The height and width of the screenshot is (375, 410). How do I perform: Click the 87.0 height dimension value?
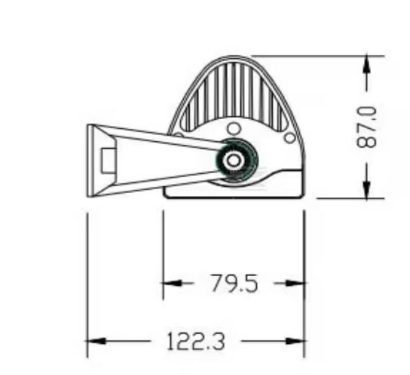coord(367,127)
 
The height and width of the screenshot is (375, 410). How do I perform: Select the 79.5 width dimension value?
coord(234,283)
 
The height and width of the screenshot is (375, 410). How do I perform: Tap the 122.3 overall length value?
coord(196,341)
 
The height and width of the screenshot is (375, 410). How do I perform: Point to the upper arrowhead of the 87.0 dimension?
coord(367,64)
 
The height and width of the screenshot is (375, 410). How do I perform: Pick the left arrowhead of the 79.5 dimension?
coord(172,283)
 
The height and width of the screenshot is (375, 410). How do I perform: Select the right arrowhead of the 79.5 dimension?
coord(295,283)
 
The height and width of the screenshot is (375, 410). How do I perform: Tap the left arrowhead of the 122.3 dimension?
coord(97,341)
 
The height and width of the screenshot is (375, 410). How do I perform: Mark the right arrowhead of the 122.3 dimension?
coord(295,341)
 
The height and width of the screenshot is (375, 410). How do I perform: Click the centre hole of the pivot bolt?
coord(233,160)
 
